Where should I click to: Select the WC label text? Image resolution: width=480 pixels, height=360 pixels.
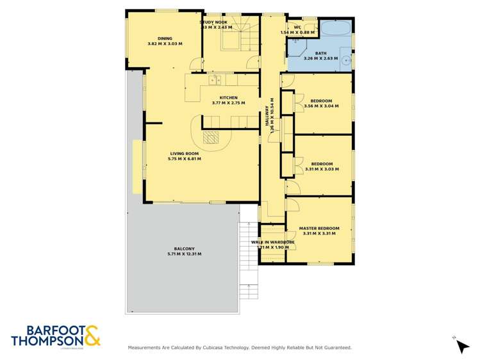pyautogui.click(x=297, y=27)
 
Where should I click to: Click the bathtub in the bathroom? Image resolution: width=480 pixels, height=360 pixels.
pyautogui.click(x=335, y=29)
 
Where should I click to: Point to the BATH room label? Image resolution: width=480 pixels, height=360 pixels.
pyautogui.click(x=320, y=54)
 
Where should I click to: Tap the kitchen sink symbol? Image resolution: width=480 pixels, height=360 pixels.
pyautogui.click(x=215, y=80)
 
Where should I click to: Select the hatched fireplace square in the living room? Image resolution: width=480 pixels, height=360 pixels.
pyautogui.click(x=211, y=136)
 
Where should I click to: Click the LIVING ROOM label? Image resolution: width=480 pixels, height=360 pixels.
pyautogui.click(x=184, y=153)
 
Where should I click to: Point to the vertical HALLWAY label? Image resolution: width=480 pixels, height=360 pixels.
pyautogui.click(x=272, y=115)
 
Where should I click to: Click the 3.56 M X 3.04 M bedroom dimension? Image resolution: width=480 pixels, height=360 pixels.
pyautogui.click(x=321, y=106)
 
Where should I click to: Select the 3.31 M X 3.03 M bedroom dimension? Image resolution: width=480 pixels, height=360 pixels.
pyautogui.click(x=320, y=169)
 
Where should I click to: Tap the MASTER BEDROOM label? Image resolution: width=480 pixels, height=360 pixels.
pyautogui.click(x=319, y=228)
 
